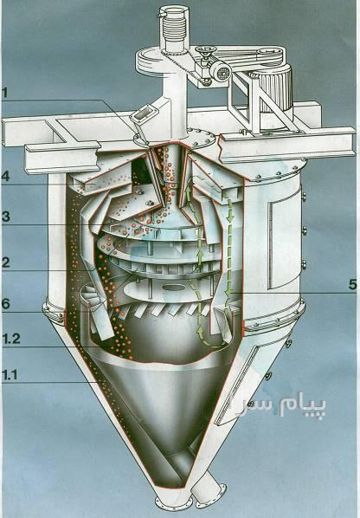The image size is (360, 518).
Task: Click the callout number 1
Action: pos(4,93)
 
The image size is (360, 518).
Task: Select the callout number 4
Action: pos(5,176)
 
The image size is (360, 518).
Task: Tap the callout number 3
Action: pos(5,217)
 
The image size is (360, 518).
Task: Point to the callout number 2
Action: pos(5,262)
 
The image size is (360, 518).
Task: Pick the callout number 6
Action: pos(5,304)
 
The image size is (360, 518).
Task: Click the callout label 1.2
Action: pos(11,339)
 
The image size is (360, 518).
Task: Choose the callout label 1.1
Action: pos(10,375)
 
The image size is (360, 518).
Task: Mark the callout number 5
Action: pos(353,284)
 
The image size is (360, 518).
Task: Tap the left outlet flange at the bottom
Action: pos(173,504)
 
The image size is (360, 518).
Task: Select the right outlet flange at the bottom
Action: pos(211,495)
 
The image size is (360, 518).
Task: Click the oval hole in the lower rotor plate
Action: pos(172,288)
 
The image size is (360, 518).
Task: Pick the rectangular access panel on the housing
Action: pos(285,243)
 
